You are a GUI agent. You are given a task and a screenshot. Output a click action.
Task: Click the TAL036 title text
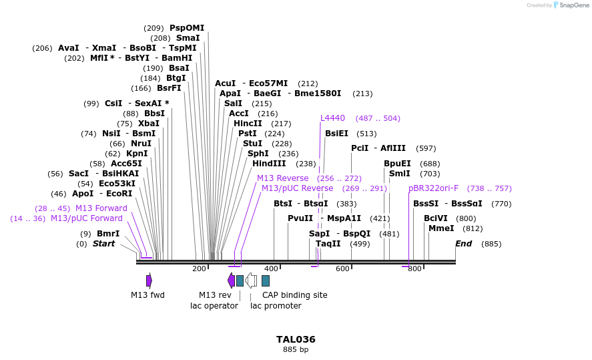tap(296, 339)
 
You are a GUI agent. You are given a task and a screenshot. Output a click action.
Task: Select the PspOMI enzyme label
tap(187, 28)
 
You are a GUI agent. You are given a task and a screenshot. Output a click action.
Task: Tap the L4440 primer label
tap(332, 118)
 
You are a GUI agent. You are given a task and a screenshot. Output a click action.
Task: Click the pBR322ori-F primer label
tap(433, 188)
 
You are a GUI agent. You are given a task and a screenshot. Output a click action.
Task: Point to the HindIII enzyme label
tap(269, 164)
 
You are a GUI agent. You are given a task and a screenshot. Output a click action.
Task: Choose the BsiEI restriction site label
tap(336, 134)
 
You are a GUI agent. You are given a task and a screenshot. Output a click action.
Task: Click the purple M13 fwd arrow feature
tap(149, 281)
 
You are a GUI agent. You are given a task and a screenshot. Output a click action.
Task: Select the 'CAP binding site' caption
tap(294, 295)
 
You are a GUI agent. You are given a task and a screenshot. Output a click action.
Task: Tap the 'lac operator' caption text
tap(214, 306)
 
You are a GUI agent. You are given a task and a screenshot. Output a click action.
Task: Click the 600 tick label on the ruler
tap(342, 268)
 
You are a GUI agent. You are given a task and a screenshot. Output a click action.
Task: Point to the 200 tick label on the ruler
tap(199, 268)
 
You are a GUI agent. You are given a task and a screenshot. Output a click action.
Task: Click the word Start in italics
tap(103, 244)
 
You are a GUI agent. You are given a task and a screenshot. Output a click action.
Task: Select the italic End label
tap(463, 244)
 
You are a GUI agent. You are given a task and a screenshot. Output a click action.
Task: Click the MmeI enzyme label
tap(441, 228)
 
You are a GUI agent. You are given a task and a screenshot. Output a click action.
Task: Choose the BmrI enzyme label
tap(108, 234)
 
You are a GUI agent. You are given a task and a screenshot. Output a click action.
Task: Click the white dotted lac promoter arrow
tap(251, 281)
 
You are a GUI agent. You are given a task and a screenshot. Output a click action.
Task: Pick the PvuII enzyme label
tap(300, 218)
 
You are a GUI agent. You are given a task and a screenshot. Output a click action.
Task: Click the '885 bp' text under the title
tap(296, 349)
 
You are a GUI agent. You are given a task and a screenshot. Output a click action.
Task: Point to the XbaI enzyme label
tap(149, 124)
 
